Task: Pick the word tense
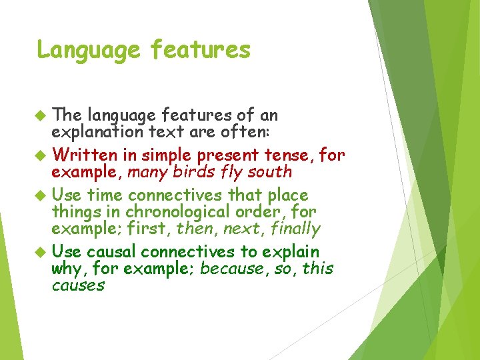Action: click(292, 155)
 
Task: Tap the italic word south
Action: click(269, 172)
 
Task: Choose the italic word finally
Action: click(293, 229)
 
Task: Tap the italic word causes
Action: click(78, 285)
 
